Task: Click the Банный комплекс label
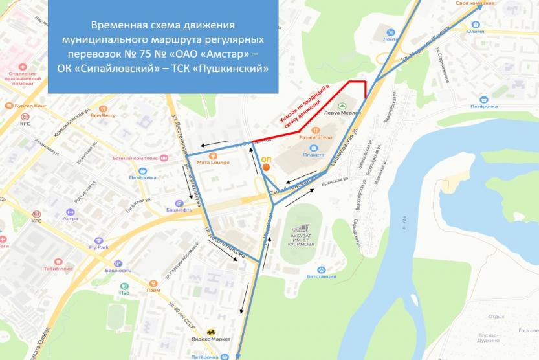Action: click(x=135, y=157)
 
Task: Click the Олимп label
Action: click(x=475, y=31)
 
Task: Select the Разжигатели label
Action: click(x=316, y=137)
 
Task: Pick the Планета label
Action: click(x=313, y=155)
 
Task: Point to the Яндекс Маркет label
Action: click(x=210, y=338)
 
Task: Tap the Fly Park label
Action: click(x=100, y=247)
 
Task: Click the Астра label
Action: click(x=70, y=219)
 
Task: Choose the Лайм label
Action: click(x=153, y=290)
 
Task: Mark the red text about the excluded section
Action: click(x=304, y=104)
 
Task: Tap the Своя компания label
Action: click(x=475, y=3)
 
